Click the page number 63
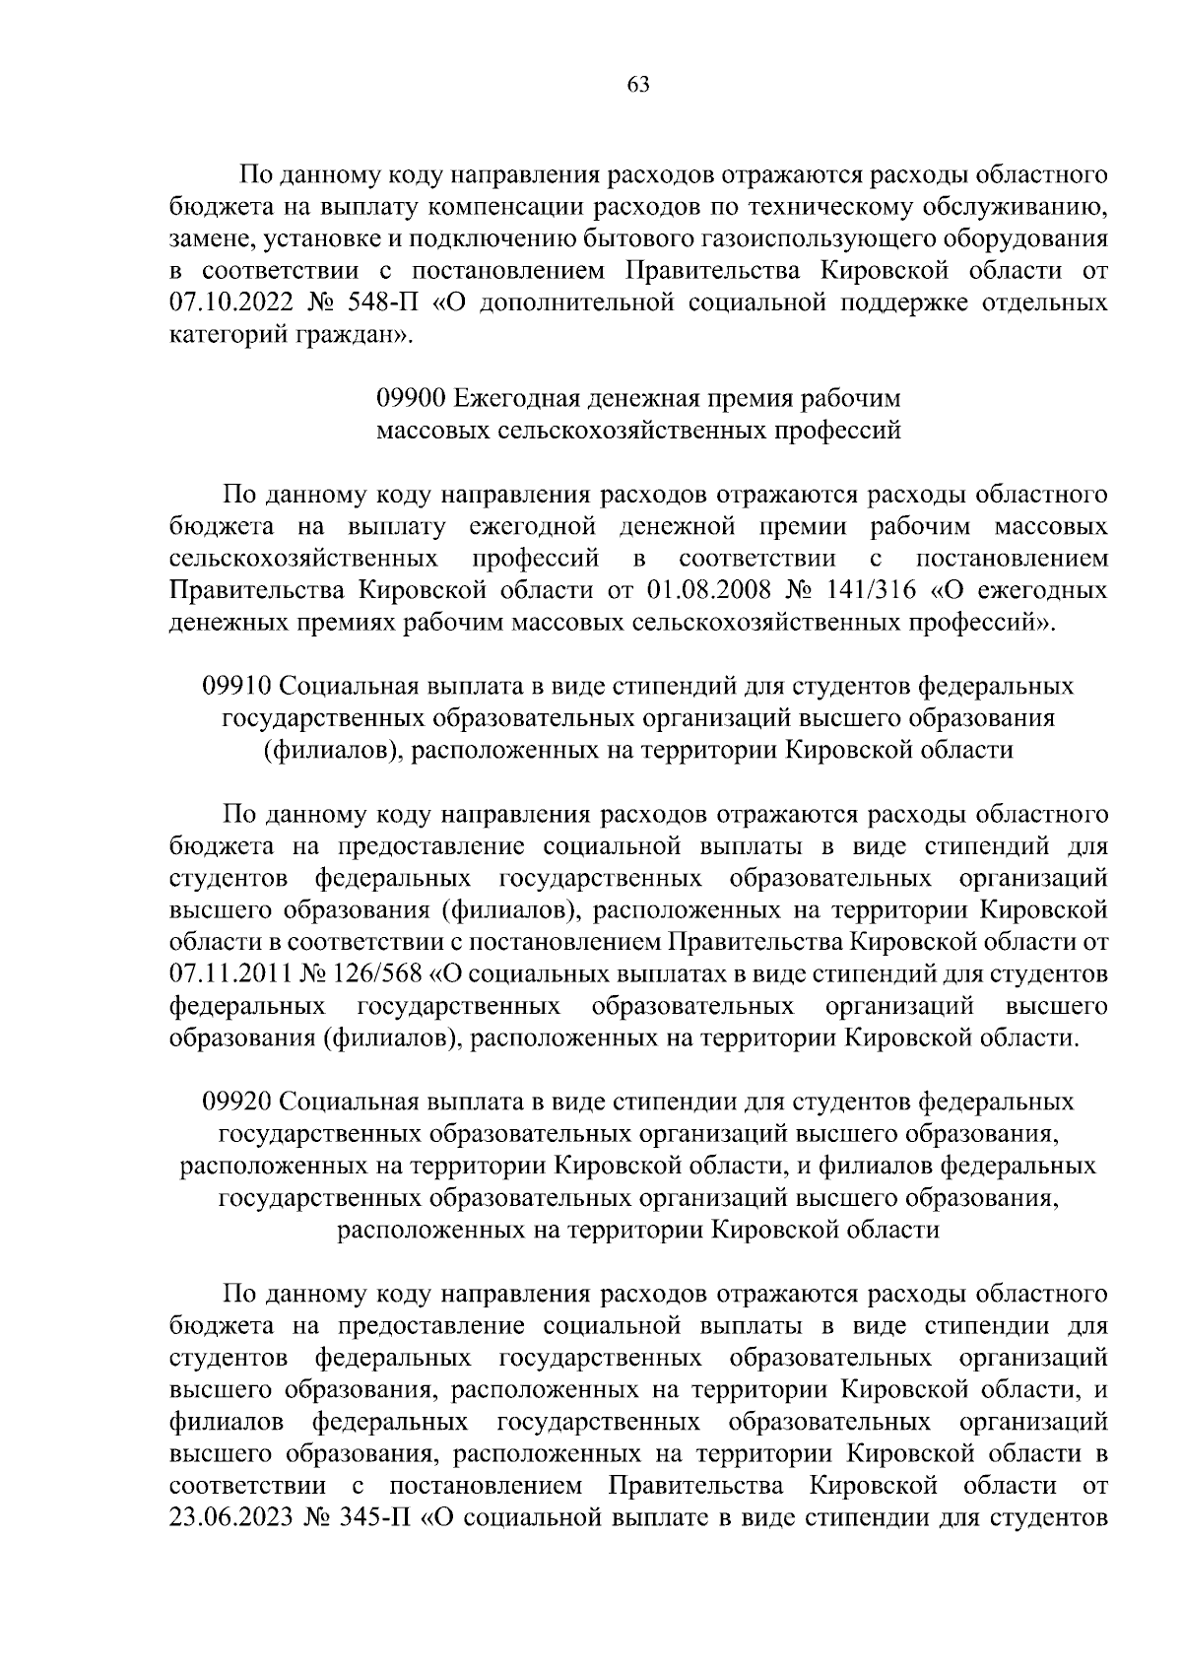pos(637,85)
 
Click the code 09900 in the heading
pos(412,399)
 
